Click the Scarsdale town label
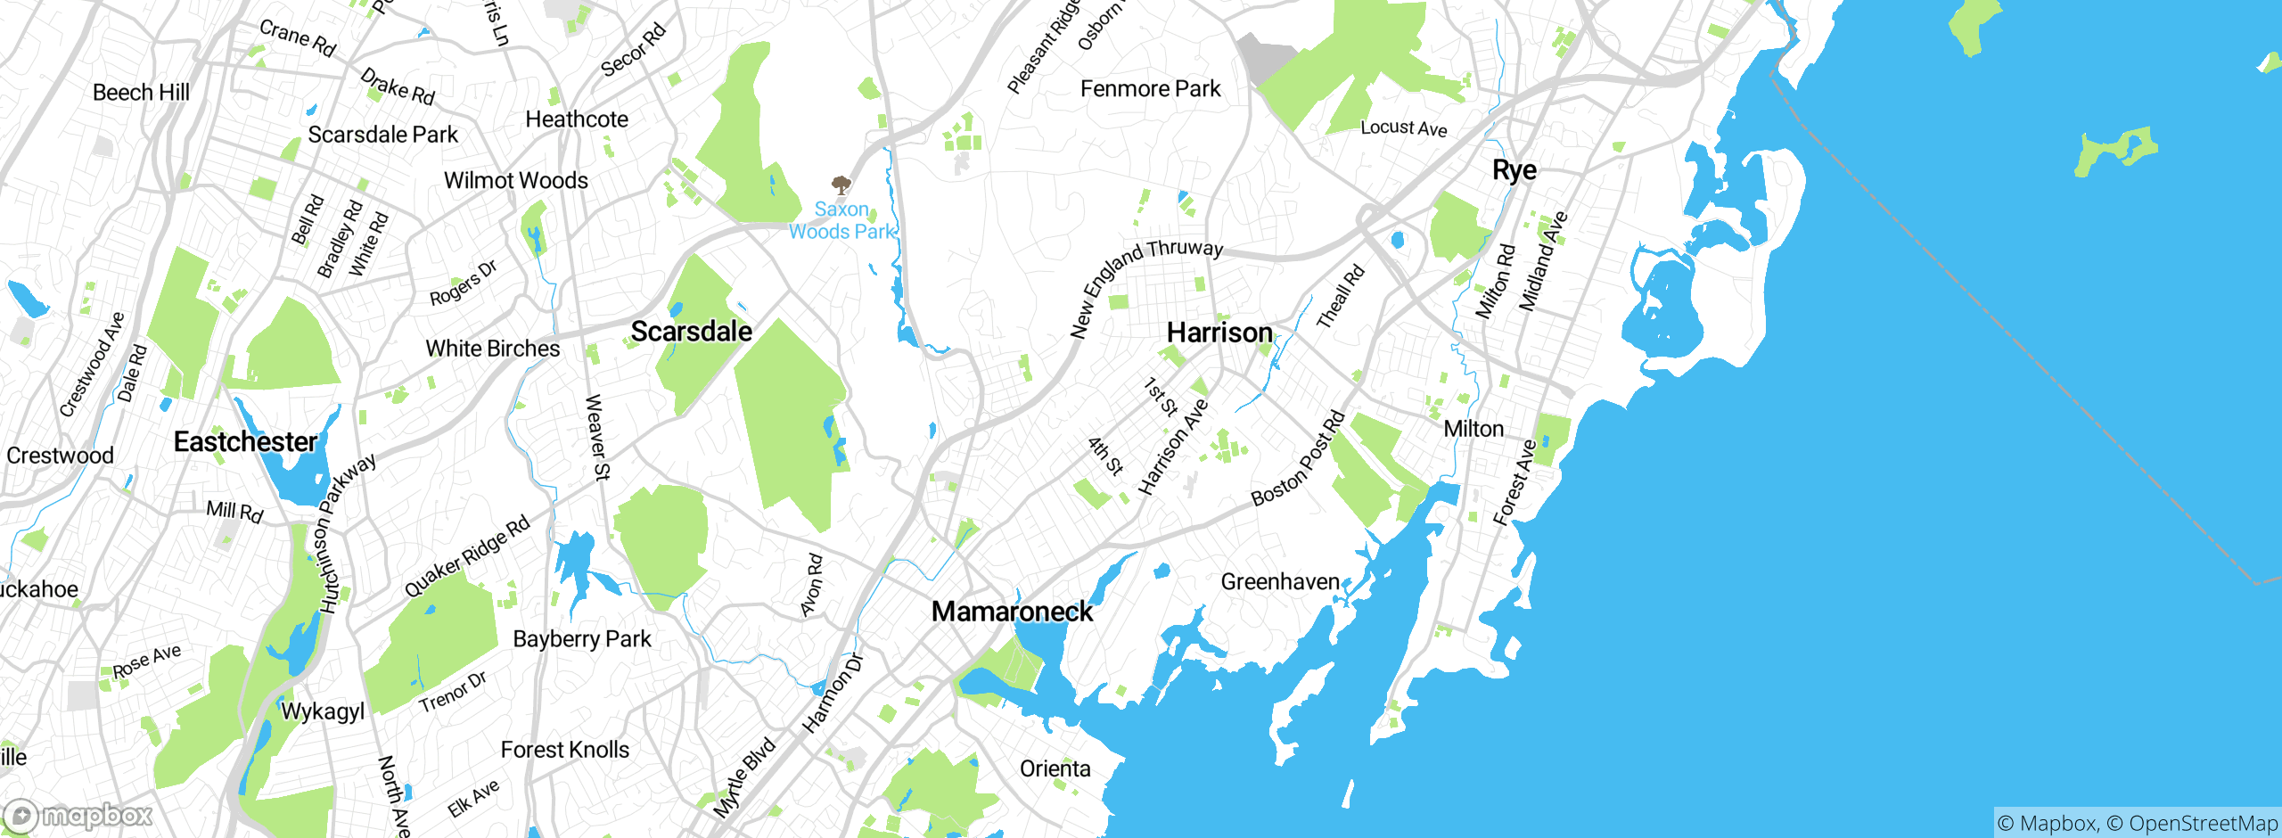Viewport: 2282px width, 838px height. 691,332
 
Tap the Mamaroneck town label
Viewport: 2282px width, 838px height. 1012,612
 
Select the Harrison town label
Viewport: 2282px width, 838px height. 1219,333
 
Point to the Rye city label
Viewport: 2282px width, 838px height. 1514,169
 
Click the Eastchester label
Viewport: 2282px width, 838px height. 245,441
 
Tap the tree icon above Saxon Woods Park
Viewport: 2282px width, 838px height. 840,185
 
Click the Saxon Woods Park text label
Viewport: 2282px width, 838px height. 841,220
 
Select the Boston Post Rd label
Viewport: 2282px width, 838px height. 1298,458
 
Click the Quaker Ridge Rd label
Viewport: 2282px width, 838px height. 467,556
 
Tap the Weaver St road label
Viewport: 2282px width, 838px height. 596,437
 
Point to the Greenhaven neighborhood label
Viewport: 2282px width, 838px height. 1280,582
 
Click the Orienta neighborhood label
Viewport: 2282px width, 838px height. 1055,768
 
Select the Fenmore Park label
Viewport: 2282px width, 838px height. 1150,89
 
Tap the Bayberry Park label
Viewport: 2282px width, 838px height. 582,639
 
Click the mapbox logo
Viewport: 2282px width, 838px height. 78,815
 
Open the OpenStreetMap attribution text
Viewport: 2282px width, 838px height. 2202,823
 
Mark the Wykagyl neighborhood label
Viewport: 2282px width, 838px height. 323,711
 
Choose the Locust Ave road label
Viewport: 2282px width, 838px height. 1403,127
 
